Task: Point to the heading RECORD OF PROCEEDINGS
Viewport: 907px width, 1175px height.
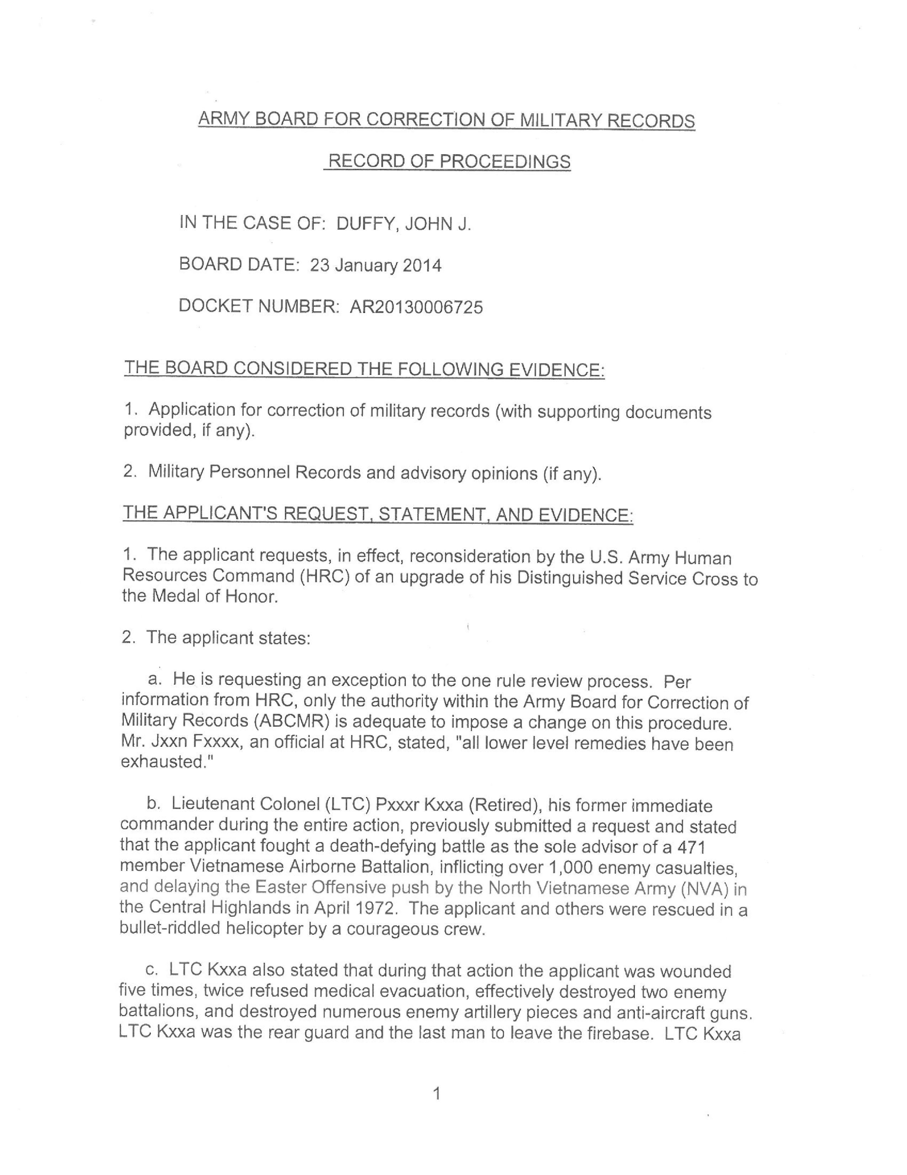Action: pos(449,161)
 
